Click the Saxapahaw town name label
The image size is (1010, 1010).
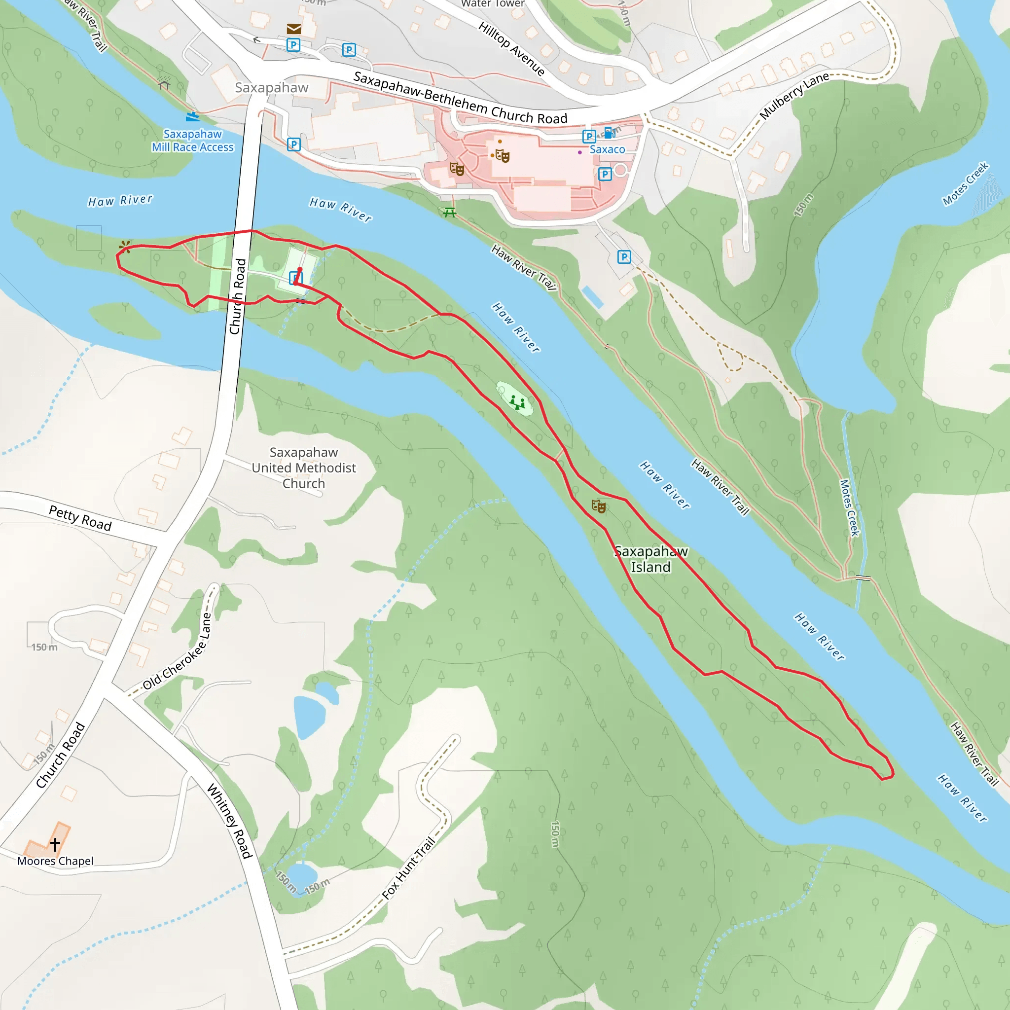pyautogui.click(x=271, y=88)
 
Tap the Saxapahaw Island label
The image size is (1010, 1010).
pyautogui.click(x=650, y=559)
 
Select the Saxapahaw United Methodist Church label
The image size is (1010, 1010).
pyautogui.click(x=304, y=468)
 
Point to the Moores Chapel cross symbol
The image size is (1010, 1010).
pyautogui.click(x=55, y=843)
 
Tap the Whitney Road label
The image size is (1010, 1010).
pyautogui.click(x=230, y=821)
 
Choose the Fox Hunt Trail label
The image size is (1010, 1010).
pyautogui.click(x=408, y=868)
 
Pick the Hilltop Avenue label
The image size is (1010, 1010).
pyautogui.click(x=511, y=49)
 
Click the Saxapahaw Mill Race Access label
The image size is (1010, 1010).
pyautogui.click(x=192, y=141)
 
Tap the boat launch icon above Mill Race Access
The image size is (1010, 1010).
pyautogui.click(x=192, y=116)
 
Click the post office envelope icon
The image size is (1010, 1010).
pyautogui.click(x=294, y=29)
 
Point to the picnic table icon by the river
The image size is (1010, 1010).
pyautogui.click(x=450, y=212)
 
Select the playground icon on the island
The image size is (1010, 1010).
pyautogui.click(x=517, y=402)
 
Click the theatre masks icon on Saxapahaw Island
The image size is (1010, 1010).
pyautogui.click(x=598, y=505)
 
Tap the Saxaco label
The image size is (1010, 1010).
pyautogui.click(x=607, y=149)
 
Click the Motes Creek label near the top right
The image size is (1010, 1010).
pyautogui.click(x=965, y=183)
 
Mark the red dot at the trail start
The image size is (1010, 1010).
pyautogui.click(x=299, y=270)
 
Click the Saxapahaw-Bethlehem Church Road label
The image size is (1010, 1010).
pyautogui.click(x=460, y=98)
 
